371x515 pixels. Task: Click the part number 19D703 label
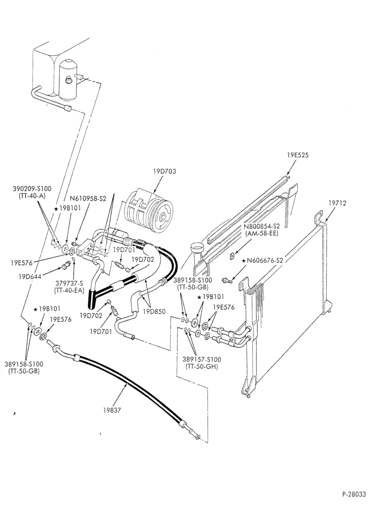(x=164, y=171)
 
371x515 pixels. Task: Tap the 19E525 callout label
(x=298, y=156)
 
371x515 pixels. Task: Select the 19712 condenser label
(x=337, y=203)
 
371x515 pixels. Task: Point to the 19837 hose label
(x=112, y=410)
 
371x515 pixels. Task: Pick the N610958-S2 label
(x=88, y=199)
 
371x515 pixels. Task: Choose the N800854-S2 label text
(x=262, y=227)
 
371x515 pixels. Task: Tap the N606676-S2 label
(x=264, y=261)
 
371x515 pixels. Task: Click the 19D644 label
(x=29, y=277)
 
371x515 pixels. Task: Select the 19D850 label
(x=155, y=312)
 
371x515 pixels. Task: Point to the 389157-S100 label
(x=202, y=359)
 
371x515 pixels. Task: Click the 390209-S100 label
(x=32, y=189)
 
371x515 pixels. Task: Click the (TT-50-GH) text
(x=202, y=367)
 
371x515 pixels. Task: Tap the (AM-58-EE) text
(x=262, y=233)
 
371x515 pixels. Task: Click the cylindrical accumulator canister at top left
(x=68, y=79)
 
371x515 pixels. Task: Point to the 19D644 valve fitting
(x=66, y=265)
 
